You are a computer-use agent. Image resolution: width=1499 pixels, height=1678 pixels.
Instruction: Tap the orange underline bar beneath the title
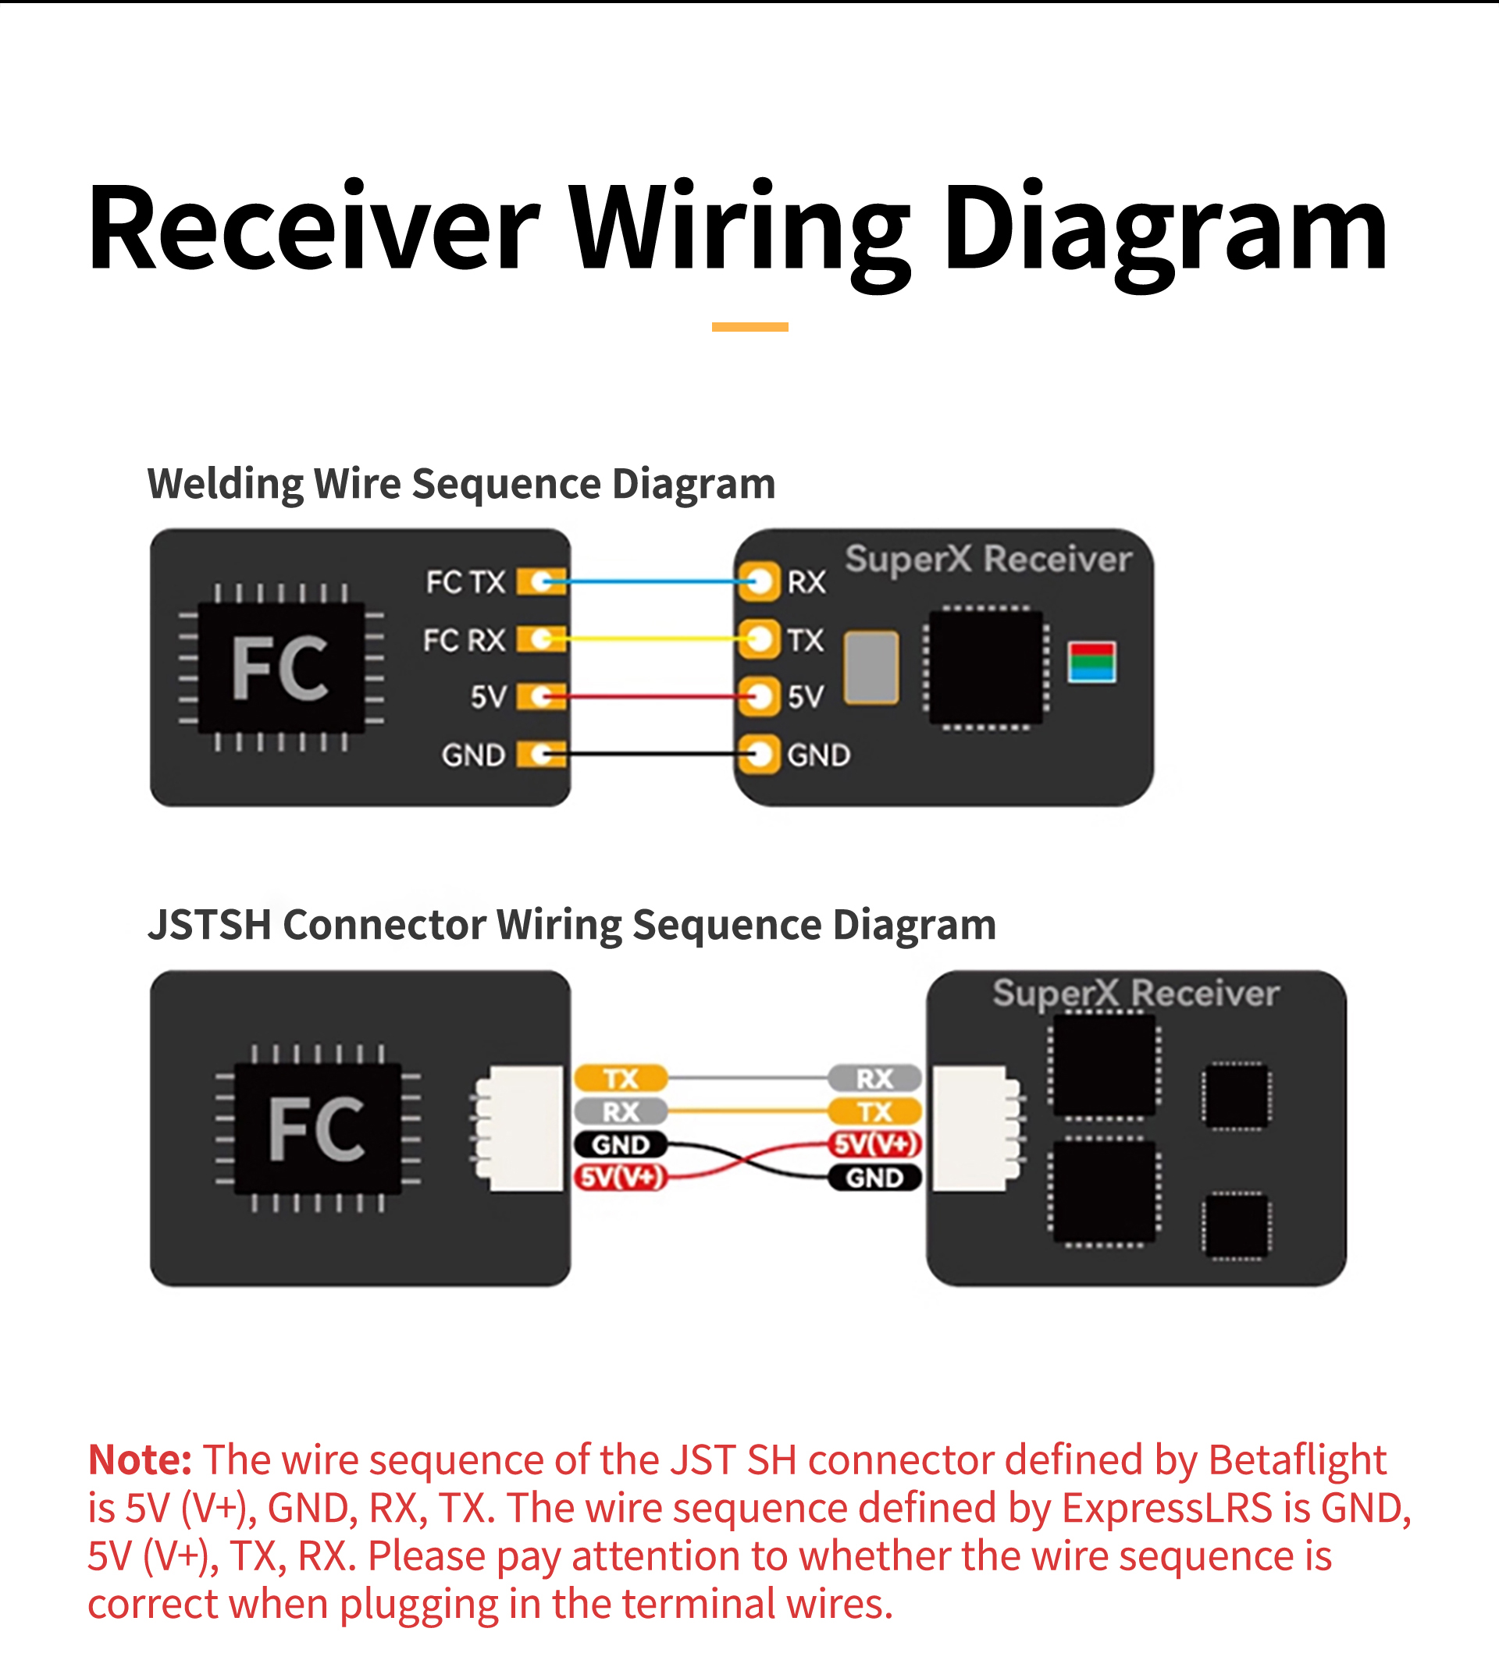click(749, 327)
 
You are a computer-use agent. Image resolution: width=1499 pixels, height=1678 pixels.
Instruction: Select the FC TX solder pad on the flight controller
click(540, 582)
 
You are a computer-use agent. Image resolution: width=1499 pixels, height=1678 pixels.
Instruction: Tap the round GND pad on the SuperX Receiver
click(759, 754)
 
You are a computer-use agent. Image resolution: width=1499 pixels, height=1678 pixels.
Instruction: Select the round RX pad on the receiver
click(759, 581)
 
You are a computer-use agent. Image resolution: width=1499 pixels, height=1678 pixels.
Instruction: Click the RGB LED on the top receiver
click(1091, 662)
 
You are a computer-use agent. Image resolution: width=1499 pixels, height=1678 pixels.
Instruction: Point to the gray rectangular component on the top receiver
click(871, 667)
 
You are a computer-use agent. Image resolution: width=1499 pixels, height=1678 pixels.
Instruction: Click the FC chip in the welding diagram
click(280, 668)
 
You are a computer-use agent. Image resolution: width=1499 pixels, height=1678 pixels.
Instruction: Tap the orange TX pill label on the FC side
click(620, 1078)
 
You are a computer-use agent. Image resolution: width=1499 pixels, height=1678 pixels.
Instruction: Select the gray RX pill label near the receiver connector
click(874, 1078)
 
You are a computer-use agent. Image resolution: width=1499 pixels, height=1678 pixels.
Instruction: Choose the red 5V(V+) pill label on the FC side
click(620, 1178)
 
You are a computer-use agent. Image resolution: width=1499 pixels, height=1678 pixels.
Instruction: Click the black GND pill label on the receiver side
click(874, 1179)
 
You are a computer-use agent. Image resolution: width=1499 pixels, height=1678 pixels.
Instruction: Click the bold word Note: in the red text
click(140, 1459)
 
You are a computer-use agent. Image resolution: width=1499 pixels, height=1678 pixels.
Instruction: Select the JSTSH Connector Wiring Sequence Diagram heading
click(571, 925)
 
